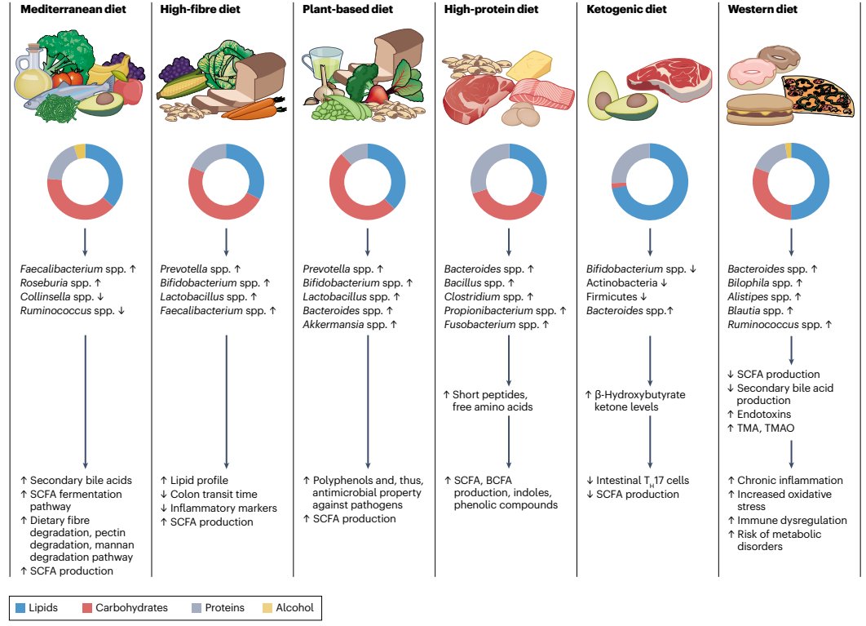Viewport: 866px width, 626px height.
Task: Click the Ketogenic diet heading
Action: pyautogui.click(x=625, y=10)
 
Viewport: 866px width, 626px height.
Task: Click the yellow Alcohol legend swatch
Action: pyautogui.click(x=267, y=607)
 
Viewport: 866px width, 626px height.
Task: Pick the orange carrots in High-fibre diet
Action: pyautogui.click(x=253, y=110)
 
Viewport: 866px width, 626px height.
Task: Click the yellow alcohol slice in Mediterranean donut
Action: pyautogui.click(x=79, y=149)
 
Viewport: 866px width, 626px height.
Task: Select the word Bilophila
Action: pyautogui.click(x=750, y=282)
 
